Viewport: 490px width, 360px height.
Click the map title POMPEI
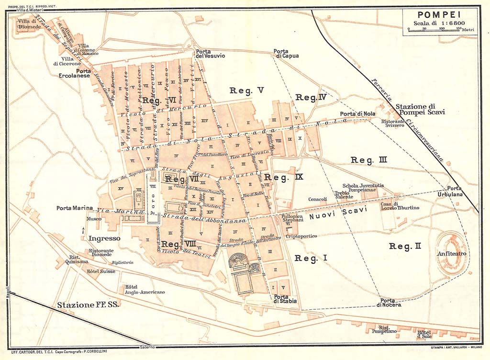click(440, 15)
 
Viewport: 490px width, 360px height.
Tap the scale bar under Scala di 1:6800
click(435, 29)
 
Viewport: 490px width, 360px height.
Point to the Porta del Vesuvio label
click(210, 53)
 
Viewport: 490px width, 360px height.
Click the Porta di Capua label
click(286, 53)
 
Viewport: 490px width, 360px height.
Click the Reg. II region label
click(405, 246)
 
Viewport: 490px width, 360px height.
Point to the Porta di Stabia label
click(285, 298)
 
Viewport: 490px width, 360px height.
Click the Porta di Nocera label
click(388, 302)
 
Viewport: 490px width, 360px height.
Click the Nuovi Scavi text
click(337, 214)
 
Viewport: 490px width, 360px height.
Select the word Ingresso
click(104, 237)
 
